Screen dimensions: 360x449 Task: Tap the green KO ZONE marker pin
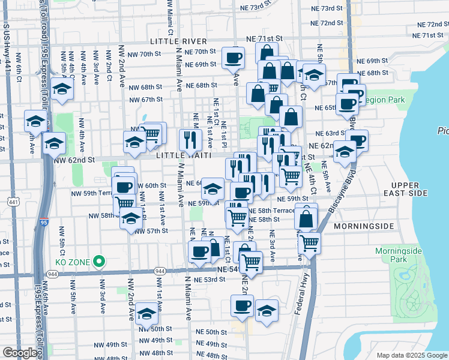click(x=100, y=262)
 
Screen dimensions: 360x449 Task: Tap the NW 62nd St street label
click(x=74, y=160)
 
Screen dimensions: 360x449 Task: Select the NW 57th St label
click(x=154, y=231)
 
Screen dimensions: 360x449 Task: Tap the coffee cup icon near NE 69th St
click(x=233, y=58)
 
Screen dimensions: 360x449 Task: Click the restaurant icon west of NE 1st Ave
click(x=188, y=140)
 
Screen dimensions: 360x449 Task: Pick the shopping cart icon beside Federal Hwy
click(x=309, y=242)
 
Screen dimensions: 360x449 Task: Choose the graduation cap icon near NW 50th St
click(x=146, y=313)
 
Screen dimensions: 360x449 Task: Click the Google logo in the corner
click(x=20, y=353)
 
